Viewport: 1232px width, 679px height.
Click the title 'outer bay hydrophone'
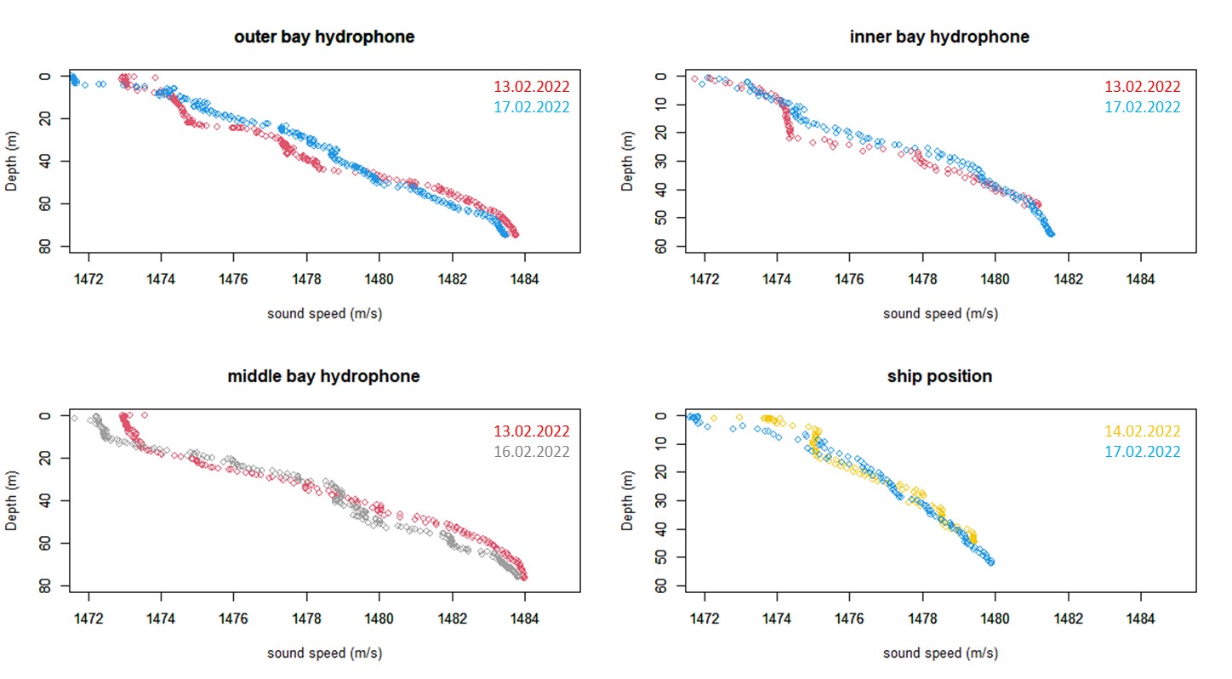[324, 37]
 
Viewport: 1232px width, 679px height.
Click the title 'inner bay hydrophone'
[939, 37]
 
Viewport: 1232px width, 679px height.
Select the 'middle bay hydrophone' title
[323, 376]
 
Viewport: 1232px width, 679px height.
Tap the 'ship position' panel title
[939, 376]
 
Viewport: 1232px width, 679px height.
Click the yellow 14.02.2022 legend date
[1142, 431]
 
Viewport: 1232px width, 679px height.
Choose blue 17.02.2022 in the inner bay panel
[1142, 107]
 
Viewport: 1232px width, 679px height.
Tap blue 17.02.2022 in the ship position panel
[1142, 452]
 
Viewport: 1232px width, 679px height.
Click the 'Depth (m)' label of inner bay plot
[628, 162]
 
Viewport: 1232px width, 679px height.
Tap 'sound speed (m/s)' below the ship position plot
[940, 653]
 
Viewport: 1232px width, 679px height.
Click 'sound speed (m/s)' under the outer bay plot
[324, 313]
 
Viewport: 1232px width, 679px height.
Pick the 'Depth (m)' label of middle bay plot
[12, 502]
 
